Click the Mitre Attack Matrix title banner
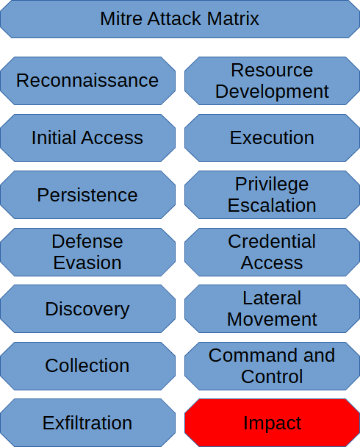click(180, 19)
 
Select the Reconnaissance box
click(87, 81)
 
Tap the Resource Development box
click(273, 81)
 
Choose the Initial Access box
click(87, 137)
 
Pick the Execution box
click(273, 137)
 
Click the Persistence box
click(87, 195)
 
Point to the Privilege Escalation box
click(273, 195)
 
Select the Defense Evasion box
click(87, 252)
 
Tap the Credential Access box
click(273, 252)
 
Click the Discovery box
click(87, 309)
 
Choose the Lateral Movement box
click(273, 309)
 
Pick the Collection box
click(87, 366)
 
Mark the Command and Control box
click(273, 366)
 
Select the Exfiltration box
click(87, 423)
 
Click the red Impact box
click(273, 423)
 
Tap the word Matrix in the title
click(233, 19)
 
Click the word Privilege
click(272, 185)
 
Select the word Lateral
click(272, 298)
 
